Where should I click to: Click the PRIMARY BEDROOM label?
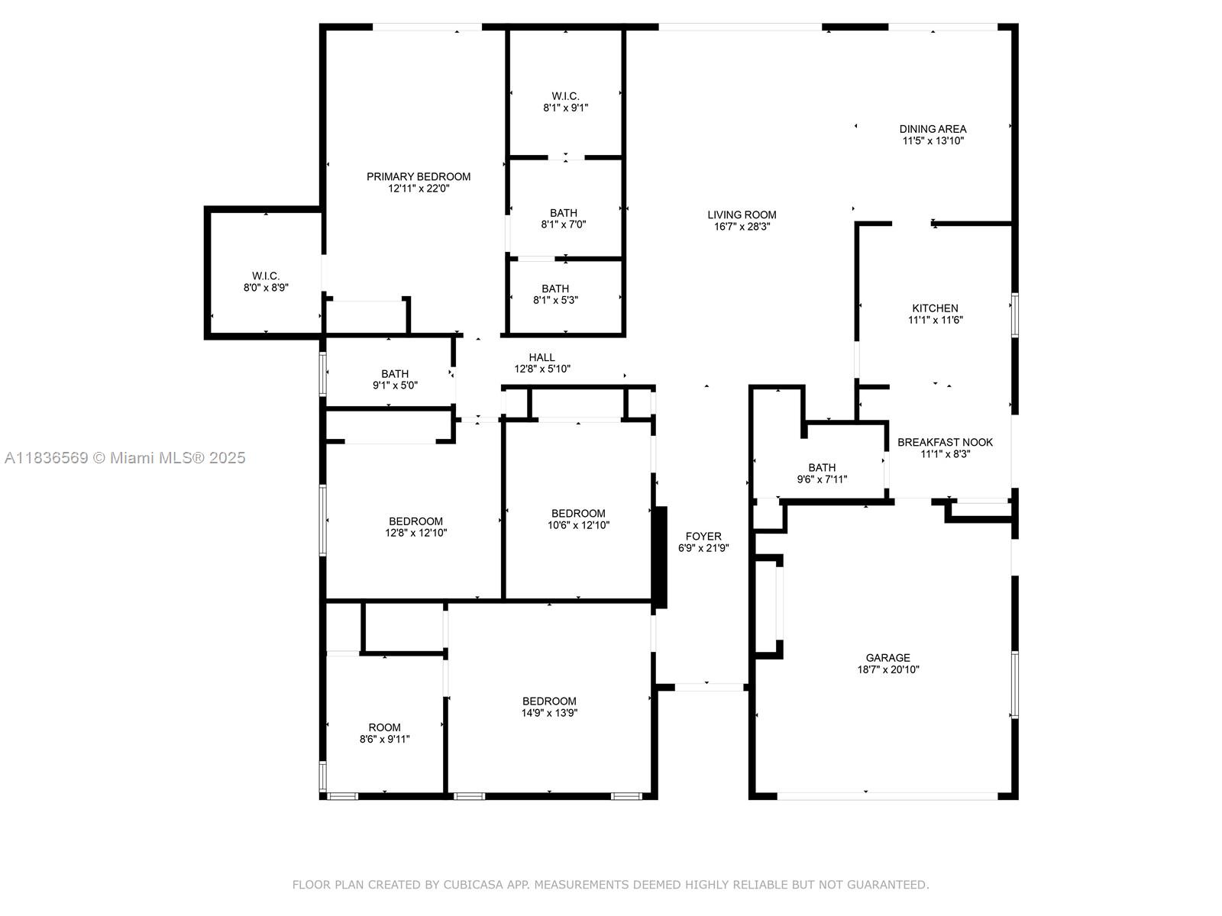pos(418,177)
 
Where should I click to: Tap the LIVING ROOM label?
pos(742,214)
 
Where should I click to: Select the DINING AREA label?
pos(933,129)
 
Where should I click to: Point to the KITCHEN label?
pos(935,308)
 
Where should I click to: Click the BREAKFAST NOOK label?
pos(945,442)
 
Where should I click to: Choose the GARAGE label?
pos(887,657)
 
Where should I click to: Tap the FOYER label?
pos(703,536)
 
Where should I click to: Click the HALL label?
pos(541,357)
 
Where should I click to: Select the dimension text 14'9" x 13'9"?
pos(549,713)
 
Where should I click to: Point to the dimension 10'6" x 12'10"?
pos(578,525)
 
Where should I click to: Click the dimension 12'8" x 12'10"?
pos(416,533)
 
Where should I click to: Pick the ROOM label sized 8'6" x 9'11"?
pos(384,727)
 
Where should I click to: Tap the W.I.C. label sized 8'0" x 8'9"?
pos(266,276)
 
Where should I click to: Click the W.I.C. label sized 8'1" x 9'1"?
pos(565,96)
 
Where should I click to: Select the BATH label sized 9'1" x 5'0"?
pos(395,374)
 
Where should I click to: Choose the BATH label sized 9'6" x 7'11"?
pos(822,468)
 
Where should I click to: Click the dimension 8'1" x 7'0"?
pos(564,224)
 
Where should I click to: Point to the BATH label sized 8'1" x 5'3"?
pos(555,289)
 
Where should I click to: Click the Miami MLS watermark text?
pos(124,458)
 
